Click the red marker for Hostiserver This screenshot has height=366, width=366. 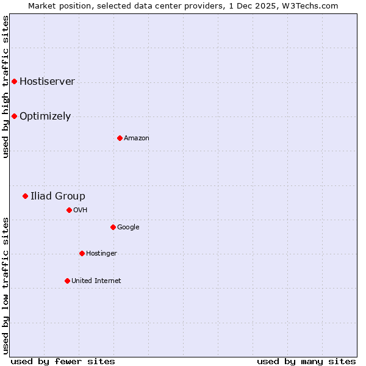pyautogui.click(x=14, y=81)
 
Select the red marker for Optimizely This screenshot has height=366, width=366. pyautogui.click(x=14, y=116)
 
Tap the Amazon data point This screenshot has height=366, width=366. pyautogui.click(x=120, y=138)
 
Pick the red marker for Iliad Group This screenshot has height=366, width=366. pyautogui.click(x=25, y=196)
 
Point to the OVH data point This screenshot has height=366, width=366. pyautogui.click(x=69, y=210)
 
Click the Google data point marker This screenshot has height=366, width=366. pyautogui.click(x=113, y=227)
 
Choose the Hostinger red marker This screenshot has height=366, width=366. pyautogui.click(x=82, y=253)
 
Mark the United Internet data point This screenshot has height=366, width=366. pyautogui.click(x=67, y=281)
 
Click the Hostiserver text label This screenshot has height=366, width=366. pyautogui.click(x=47, y=82)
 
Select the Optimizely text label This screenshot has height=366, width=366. pyautogui.click(x=45, y=117)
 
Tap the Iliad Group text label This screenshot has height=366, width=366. pyautogui.click(x=58, y=196)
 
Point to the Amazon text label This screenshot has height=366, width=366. pyautogui.click(x=137, y=138)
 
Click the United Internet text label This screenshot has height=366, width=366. pyautogui.click(x=96, y=281)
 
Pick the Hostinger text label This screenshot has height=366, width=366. pyautogui.click(x=101, y=254)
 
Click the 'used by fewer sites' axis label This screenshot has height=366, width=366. pyautogui.click(x=63, y=362)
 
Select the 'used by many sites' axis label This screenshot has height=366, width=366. pyautogui.click(x=306, y=362)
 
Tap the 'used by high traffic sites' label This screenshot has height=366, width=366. pyautogui.click(x=5, y=87)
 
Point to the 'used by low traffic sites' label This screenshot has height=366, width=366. pyautogui.click(x=5, y=285)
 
